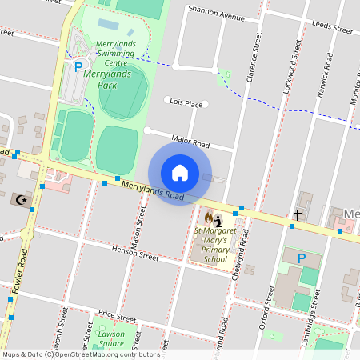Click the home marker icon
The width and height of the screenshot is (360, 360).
[x=180, y=173]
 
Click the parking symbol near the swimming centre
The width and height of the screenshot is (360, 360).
[x=78, y=68]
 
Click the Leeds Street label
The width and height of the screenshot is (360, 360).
[x=334, y=27]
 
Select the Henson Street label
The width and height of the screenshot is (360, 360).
[x=136, y=252]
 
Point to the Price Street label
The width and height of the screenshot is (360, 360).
[x=115, y=316]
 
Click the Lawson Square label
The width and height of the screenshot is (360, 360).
[x=111, y=338]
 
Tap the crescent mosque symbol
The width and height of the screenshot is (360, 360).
[x=22, y=198]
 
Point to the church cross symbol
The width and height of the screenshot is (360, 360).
[x=298, y=214]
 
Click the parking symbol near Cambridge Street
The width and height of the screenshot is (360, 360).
[x=302, y=258]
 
